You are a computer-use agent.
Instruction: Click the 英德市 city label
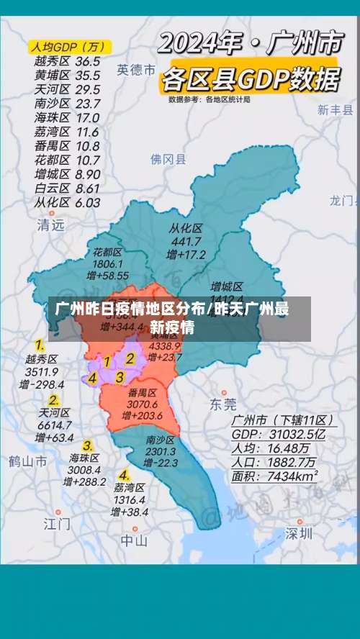[136, 70]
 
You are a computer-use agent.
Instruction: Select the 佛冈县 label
[168, 159]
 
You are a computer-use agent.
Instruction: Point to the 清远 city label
[50, 225]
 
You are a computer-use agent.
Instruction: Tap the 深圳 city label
[299, 533]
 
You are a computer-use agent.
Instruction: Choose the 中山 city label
[134, 540]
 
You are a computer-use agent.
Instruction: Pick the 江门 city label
[57, 523]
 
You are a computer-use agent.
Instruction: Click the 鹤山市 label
[28, 461]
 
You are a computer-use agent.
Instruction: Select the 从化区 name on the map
[186, 228]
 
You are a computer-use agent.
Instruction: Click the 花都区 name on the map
[107, 252]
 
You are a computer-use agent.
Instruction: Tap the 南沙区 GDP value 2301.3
[161, 451]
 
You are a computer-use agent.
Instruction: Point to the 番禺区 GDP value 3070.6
[143, 404]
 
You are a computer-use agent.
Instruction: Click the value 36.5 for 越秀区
[88, 62]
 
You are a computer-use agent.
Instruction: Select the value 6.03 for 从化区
[87, 202]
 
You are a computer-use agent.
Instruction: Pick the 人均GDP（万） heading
[68, 47]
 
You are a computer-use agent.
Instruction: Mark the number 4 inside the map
[93, 377]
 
